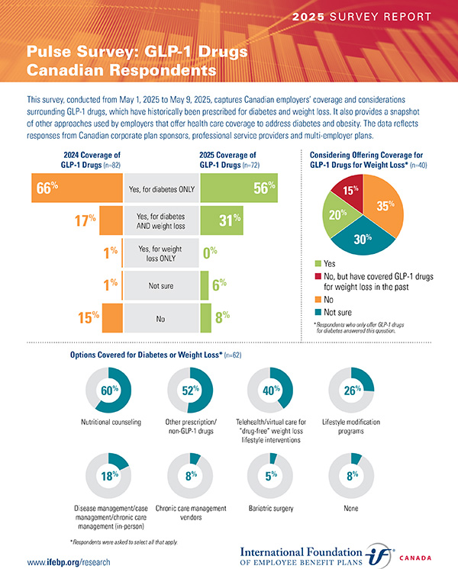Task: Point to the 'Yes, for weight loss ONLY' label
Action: coord(160,253)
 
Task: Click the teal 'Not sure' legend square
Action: coord(319,312)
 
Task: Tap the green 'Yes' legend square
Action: coord(319,263)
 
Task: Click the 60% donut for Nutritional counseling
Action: coord(110,391)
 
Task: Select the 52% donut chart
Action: coord(189,391)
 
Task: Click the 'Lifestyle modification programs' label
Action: coord(350,426)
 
